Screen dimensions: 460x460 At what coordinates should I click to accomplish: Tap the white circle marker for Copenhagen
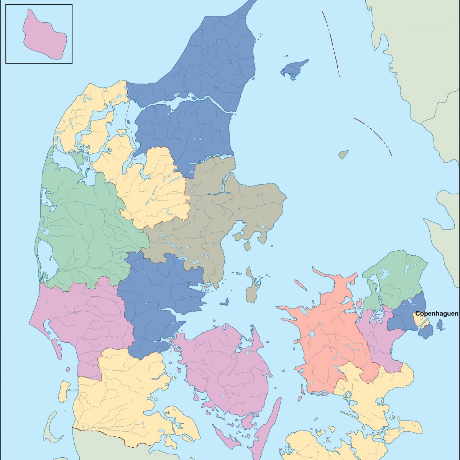(x=422, y=318)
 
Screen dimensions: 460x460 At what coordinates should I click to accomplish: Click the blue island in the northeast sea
(x=294, y=69)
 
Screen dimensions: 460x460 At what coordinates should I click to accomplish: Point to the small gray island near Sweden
(x=343, y=154)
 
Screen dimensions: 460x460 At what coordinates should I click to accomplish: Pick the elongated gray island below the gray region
(x=252, y=286)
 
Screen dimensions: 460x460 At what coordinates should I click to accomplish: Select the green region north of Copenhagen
(x=395, y=276)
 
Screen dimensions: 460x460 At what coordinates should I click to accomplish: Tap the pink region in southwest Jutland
(x=88, y=314)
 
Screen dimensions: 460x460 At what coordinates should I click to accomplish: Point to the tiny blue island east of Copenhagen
(x=440, y=325)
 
